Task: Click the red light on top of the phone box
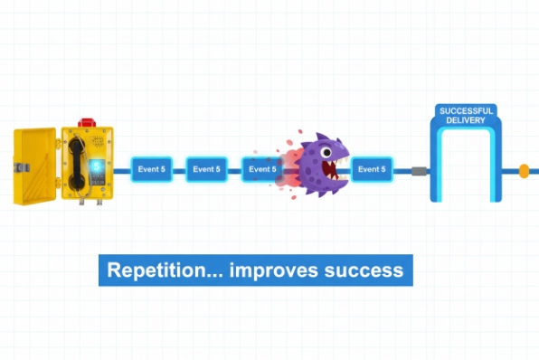(x=86, y=121)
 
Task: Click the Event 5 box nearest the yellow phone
(x=150, y=169)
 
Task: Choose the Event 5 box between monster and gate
(x=372, y=169)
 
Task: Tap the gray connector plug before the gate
(x=419, y=169)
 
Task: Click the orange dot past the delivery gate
(x=524, y=169)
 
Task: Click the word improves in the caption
(x=270, y=270)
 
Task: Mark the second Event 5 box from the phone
(x=205, y=169)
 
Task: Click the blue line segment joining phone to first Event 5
(x=121, y=169)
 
